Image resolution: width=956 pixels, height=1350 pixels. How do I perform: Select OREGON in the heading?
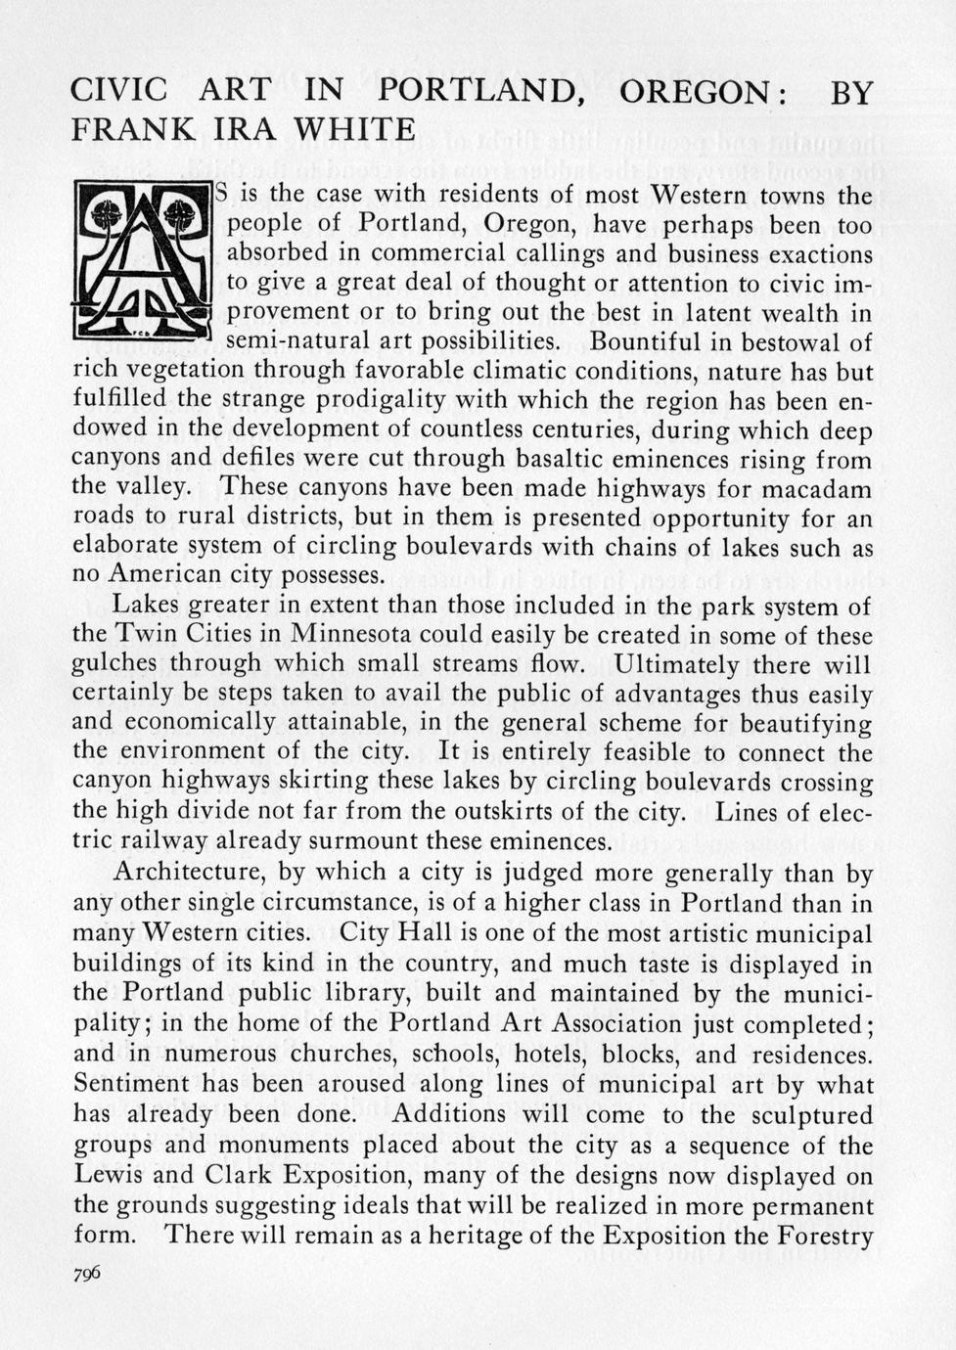696,92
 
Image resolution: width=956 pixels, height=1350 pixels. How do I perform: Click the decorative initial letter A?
143,260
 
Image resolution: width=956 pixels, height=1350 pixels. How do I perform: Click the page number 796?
87,1275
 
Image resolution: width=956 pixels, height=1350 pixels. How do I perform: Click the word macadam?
821,487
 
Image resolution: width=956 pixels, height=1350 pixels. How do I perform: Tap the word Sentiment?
132,1084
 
